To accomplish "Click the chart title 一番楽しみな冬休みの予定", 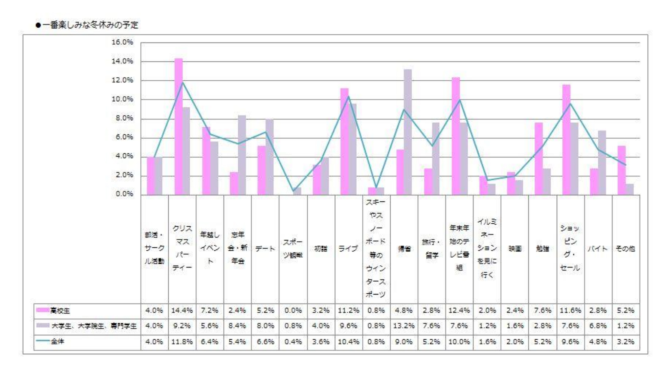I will click(90, 25).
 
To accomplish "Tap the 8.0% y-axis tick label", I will click(124, 118).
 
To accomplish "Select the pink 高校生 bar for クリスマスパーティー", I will click(179, 127).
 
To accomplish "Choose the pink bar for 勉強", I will click(539, 159).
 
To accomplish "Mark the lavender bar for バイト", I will click(602, 163).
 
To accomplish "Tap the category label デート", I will click(265, 249).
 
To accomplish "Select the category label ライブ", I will click(348, 249).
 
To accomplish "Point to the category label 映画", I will click(515, 249).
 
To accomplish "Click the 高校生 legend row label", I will click(60, 310).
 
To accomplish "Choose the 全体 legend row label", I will click(58, 342).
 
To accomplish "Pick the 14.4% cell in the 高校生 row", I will click(182, 310).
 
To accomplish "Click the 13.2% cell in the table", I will click(403, 326).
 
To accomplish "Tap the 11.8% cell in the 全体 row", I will click(182, 342).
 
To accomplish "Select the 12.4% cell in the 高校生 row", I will click(459, 310).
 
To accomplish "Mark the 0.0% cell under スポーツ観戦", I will click(293, 310).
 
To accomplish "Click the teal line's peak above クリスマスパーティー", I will click(183, 82).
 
